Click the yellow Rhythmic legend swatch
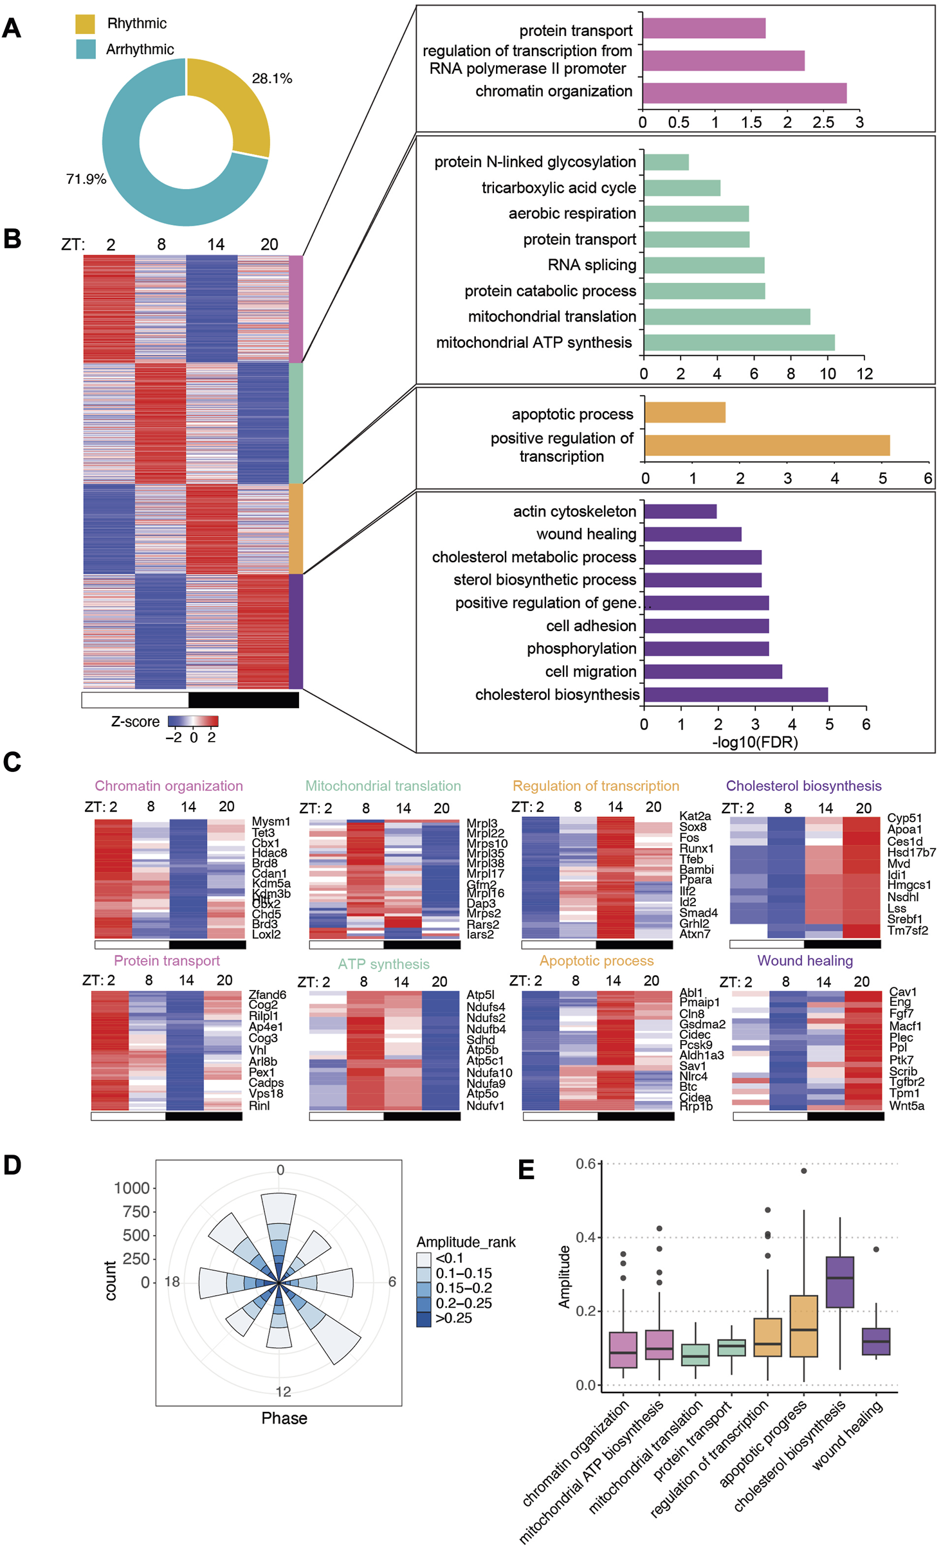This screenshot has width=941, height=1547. tap(85, 24)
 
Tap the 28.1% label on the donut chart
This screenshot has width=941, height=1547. tap(271, 78)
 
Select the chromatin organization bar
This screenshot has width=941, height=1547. tap(744, 93)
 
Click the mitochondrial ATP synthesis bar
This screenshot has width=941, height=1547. tap(739, 342)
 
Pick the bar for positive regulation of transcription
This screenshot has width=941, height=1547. tap(767, 445)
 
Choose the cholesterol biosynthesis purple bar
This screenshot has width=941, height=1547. tap(736, 694)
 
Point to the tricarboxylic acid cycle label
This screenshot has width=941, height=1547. tap(558, 188)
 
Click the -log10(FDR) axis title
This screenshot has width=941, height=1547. tap(754, 742)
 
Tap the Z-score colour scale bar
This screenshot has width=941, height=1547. tap(193, 721)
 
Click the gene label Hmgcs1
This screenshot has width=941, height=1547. tap(909, 885)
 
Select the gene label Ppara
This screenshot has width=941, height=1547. tap(695, 879)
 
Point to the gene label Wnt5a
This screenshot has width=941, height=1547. tap(906, 1106)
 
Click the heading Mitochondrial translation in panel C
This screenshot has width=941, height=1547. tap(383, 785)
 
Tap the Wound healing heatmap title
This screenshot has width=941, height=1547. tap(805, 960)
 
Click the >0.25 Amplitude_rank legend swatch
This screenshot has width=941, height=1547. tap(424, 1318)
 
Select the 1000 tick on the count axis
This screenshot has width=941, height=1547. tap(132, 1188)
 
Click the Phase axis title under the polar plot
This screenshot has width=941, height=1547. tap(284, 1418)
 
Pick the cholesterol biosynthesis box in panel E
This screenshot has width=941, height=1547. tap(839, 1281)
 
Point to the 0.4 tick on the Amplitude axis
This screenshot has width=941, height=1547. tap(585, 1237)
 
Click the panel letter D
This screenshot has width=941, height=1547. tap(12, 1166)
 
